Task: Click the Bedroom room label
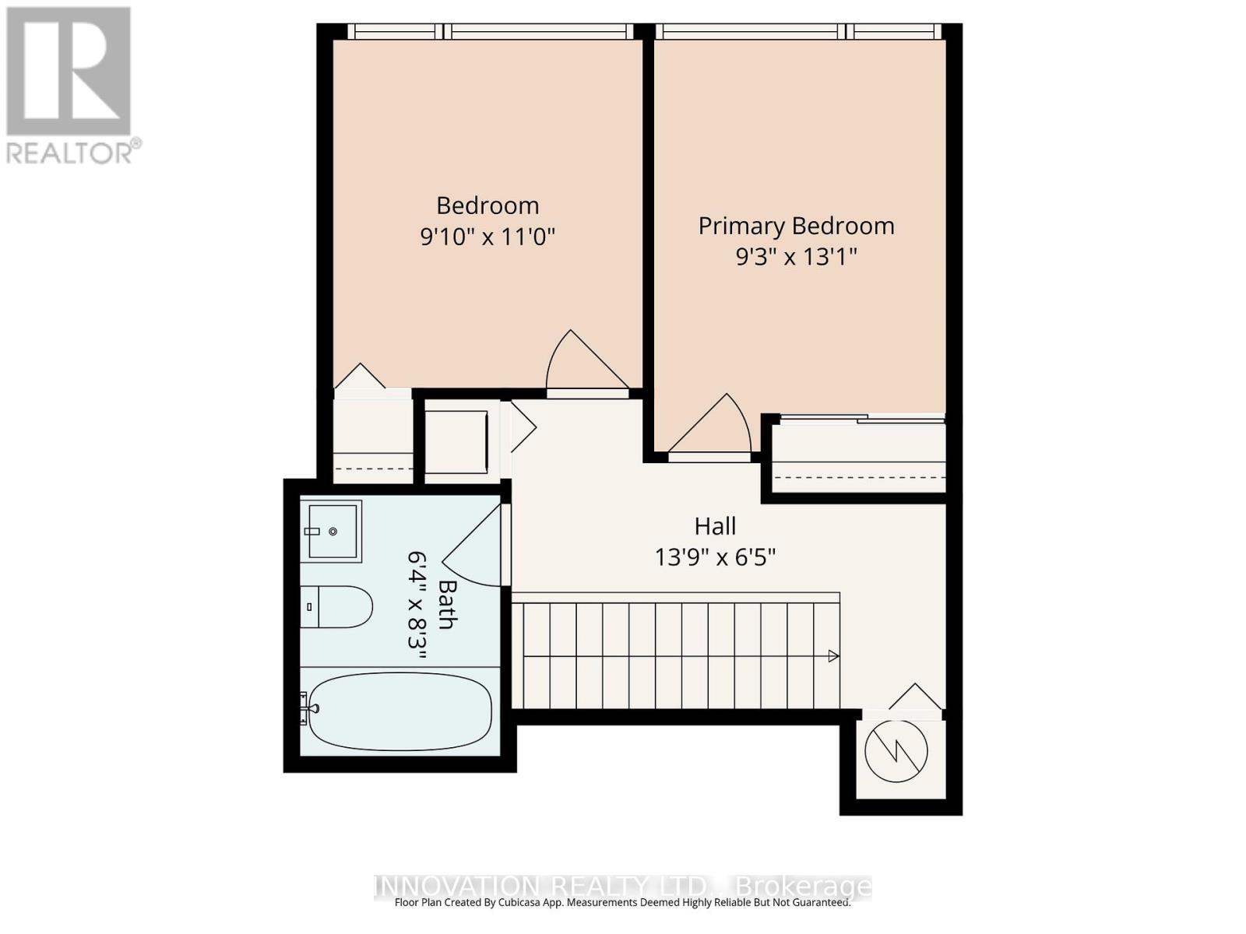487,205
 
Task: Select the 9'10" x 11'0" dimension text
487,236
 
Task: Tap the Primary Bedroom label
796,226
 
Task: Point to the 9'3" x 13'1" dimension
796,256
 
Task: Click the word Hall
715,526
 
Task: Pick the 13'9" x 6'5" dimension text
715,557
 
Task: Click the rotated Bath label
447,604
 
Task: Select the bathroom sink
333,531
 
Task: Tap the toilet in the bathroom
336,606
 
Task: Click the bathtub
400,711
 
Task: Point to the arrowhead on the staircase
833,656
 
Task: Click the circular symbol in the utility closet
896,751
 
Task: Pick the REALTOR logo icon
69,72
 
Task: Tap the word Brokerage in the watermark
803,887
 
